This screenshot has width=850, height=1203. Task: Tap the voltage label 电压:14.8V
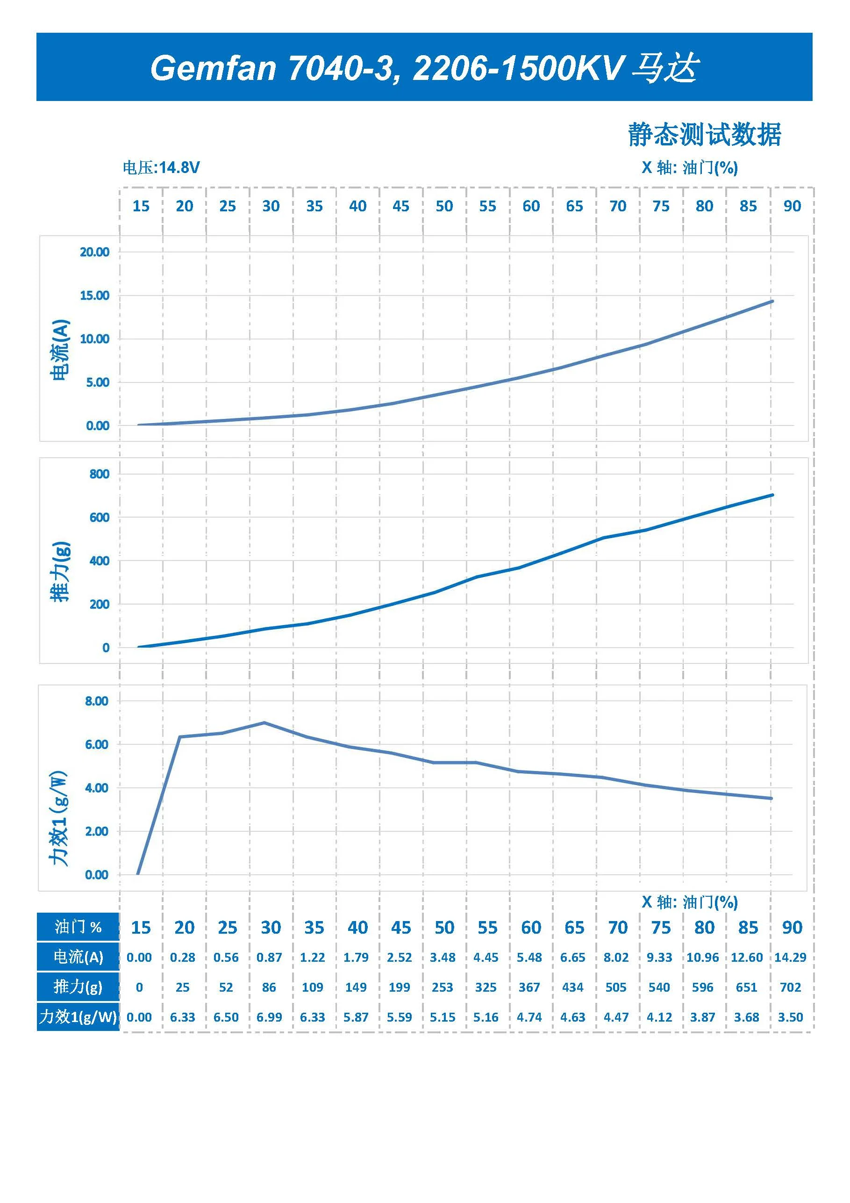(161, 168)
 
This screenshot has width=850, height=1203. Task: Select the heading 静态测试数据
(704, 135)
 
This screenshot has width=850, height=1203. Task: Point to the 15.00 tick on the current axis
(95, 295)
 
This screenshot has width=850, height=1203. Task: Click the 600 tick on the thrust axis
(100, 517)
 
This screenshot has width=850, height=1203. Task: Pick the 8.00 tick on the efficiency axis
(97, 701)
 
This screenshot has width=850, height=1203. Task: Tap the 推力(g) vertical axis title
(60, 571)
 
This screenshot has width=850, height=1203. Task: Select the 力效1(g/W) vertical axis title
(59, 818)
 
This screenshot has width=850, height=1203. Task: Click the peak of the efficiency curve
(264, 722)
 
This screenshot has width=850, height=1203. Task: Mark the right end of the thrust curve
(772, 495)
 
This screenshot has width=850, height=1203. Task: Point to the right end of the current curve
(772, 301)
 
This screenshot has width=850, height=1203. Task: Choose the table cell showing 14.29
(790, 957)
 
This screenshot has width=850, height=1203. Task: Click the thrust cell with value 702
(790, 987)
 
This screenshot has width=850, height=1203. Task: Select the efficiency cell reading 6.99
(269, 1017)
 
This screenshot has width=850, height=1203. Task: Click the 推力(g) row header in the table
(78, 987)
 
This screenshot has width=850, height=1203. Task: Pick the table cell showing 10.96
(702, 957)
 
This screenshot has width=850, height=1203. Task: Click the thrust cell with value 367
(529, 987)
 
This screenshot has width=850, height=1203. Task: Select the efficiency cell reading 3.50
(790, 1017)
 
